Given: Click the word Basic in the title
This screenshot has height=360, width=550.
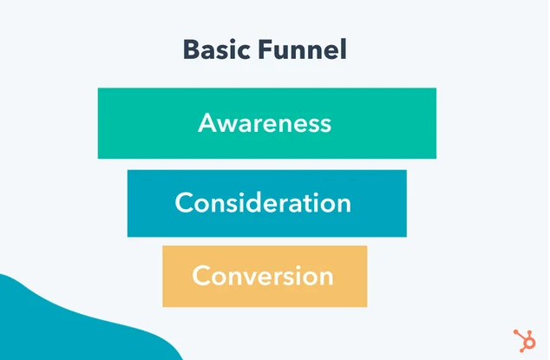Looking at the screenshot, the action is pos(216,49).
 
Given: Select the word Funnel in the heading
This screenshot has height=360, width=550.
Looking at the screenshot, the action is pos(303,49).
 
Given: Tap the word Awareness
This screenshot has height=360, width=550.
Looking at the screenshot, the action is pos(265,123).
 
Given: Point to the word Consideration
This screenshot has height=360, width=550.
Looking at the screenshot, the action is pos(263,202).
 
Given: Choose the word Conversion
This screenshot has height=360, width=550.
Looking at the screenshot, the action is pos(263,276).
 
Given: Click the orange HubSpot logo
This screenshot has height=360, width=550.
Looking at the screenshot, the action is pos(525,340).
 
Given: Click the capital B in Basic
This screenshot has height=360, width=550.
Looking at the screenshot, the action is pos(192,49).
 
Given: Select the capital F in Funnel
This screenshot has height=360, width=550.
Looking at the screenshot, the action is pos(265,49).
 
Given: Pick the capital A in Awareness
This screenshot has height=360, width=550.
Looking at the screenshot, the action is pos(207,123).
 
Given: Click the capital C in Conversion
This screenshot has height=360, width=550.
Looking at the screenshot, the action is pos(201,276).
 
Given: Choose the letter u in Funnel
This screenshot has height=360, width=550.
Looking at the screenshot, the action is pos(283,53).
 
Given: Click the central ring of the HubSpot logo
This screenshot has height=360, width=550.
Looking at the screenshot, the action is pos(528,342).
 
